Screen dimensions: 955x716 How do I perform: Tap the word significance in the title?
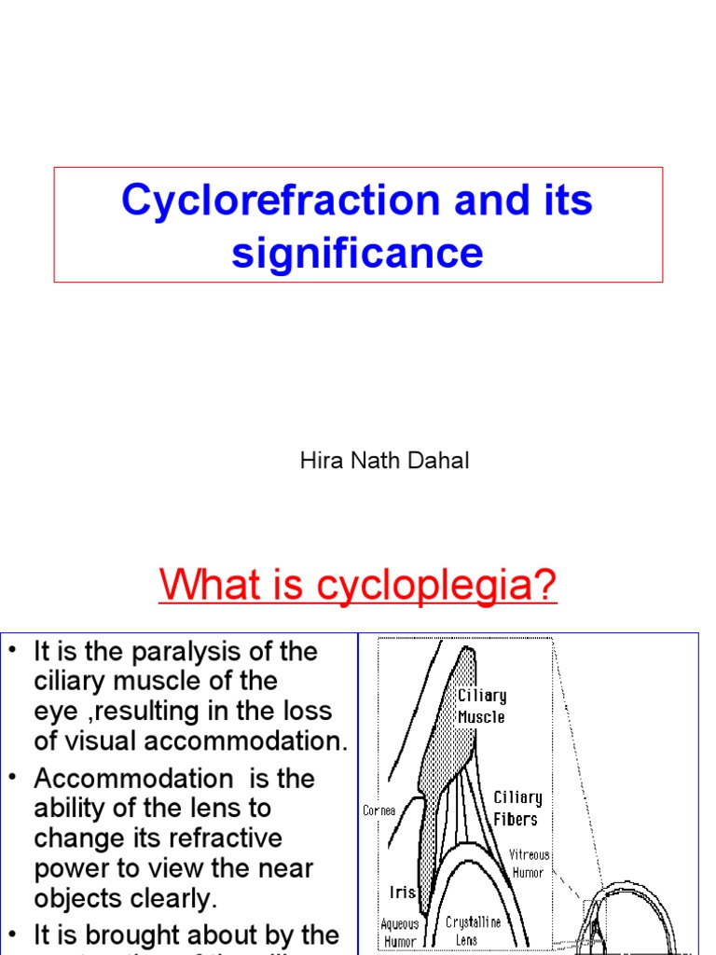358,252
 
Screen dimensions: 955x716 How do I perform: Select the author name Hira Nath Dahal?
384,461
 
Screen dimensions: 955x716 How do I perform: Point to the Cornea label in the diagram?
379,810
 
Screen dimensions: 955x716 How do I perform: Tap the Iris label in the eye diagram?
402,893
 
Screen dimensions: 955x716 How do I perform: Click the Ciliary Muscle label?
481,706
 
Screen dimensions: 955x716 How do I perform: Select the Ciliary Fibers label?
517,808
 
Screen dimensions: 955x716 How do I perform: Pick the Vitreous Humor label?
529,864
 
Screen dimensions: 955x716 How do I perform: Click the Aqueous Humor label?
400,933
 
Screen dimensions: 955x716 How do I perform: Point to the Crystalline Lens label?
473,930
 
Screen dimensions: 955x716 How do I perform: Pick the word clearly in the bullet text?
176,898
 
